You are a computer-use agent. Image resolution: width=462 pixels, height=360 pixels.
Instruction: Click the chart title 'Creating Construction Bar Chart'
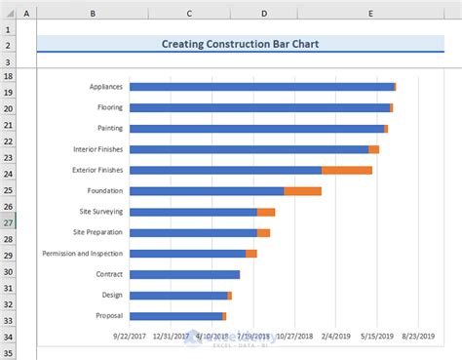point(240,44)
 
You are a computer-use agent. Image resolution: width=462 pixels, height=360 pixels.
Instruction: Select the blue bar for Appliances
point(261,87)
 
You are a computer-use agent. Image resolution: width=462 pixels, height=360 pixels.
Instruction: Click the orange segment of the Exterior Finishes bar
point(347,170)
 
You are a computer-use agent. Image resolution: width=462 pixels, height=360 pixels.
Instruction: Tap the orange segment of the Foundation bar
point(302,191)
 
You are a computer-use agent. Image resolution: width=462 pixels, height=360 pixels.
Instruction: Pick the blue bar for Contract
point(184,274)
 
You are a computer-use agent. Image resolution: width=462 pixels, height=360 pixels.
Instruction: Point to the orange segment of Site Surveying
point(266,212)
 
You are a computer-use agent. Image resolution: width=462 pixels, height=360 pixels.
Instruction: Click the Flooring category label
point(109,107)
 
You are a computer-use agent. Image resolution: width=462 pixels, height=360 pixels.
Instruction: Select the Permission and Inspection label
point(83,254)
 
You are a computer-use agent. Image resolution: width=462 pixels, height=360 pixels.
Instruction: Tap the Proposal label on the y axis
point(109,316)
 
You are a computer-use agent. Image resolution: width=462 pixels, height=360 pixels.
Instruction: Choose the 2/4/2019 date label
point(335,336)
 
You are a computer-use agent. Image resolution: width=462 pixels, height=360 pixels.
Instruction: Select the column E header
point(371,13)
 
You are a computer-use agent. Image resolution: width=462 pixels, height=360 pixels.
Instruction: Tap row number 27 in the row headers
point(8,222)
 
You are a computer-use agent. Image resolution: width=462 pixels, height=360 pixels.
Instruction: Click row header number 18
point(8,75)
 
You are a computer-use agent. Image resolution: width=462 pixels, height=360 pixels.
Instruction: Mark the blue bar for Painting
point(256,129)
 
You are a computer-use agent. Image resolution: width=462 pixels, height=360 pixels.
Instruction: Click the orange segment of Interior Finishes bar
point(373,149)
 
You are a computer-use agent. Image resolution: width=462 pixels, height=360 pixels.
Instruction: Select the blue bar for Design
point(177,296)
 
